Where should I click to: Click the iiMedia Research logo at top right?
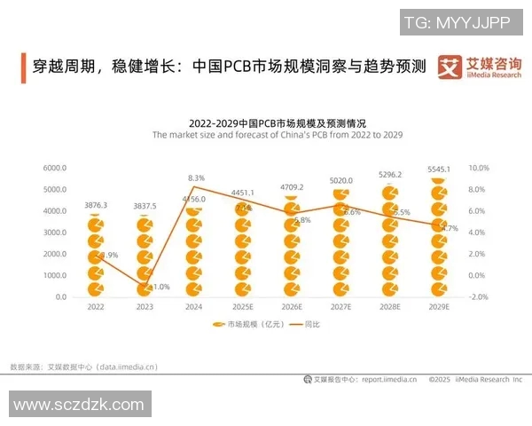480,67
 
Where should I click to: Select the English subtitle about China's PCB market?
278,136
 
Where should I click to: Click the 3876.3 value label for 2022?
96,205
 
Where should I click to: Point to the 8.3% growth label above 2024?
197,178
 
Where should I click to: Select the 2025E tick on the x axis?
242,307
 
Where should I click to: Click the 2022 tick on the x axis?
95,307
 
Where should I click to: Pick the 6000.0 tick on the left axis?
55,168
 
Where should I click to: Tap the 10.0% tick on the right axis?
478,168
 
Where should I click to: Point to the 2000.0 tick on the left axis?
55,254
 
